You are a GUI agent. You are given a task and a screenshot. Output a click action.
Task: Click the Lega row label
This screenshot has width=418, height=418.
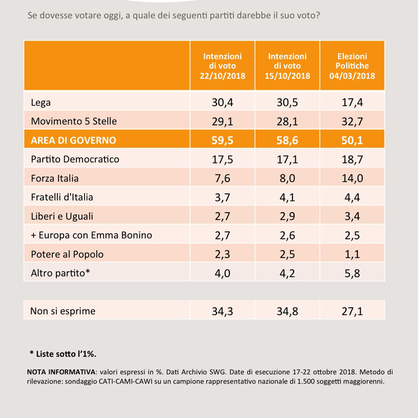pos(41,102)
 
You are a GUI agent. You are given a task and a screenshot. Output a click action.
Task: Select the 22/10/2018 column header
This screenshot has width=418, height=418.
pos(223,66)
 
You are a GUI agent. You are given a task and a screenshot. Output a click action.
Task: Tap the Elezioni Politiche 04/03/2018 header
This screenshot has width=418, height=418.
pos(352,66)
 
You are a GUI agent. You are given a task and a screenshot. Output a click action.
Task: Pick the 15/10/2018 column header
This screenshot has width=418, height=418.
pos(287,66)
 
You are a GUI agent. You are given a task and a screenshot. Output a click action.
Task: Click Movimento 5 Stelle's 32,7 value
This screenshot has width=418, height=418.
pos(352,122)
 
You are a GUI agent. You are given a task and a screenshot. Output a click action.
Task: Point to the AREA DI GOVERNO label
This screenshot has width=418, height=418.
pos(74,140)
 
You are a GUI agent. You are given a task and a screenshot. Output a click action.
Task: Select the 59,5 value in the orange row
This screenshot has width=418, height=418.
pos(223,140)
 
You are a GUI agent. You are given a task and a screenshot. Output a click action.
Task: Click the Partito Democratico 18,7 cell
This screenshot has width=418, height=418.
pos(352,159)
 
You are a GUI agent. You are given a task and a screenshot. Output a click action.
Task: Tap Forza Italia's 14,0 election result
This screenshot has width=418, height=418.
pos(352,178)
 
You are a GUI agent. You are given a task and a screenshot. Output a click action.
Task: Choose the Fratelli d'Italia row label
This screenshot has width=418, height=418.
pos(62,198)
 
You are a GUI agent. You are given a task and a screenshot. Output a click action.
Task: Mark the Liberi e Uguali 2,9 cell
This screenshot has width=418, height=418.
pos(287,216)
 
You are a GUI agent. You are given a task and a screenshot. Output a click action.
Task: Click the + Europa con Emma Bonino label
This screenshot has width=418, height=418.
pos(91,235)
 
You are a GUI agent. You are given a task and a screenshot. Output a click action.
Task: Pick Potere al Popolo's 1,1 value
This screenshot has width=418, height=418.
pos(352,254)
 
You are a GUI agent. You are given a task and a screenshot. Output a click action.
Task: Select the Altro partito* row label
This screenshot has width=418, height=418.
pos(60,273)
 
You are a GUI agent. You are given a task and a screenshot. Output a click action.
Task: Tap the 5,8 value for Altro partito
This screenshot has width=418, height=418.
pos(352,273)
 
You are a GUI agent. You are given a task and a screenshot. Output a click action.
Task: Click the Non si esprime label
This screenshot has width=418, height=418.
pos(63,311)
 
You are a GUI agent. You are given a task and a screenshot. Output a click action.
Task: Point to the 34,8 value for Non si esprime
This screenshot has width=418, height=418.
pos(287,311)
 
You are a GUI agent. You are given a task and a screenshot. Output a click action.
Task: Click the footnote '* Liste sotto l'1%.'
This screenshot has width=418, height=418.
pos(63,354)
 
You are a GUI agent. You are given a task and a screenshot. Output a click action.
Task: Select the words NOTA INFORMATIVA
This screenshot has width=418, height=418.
pos(61,372)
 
